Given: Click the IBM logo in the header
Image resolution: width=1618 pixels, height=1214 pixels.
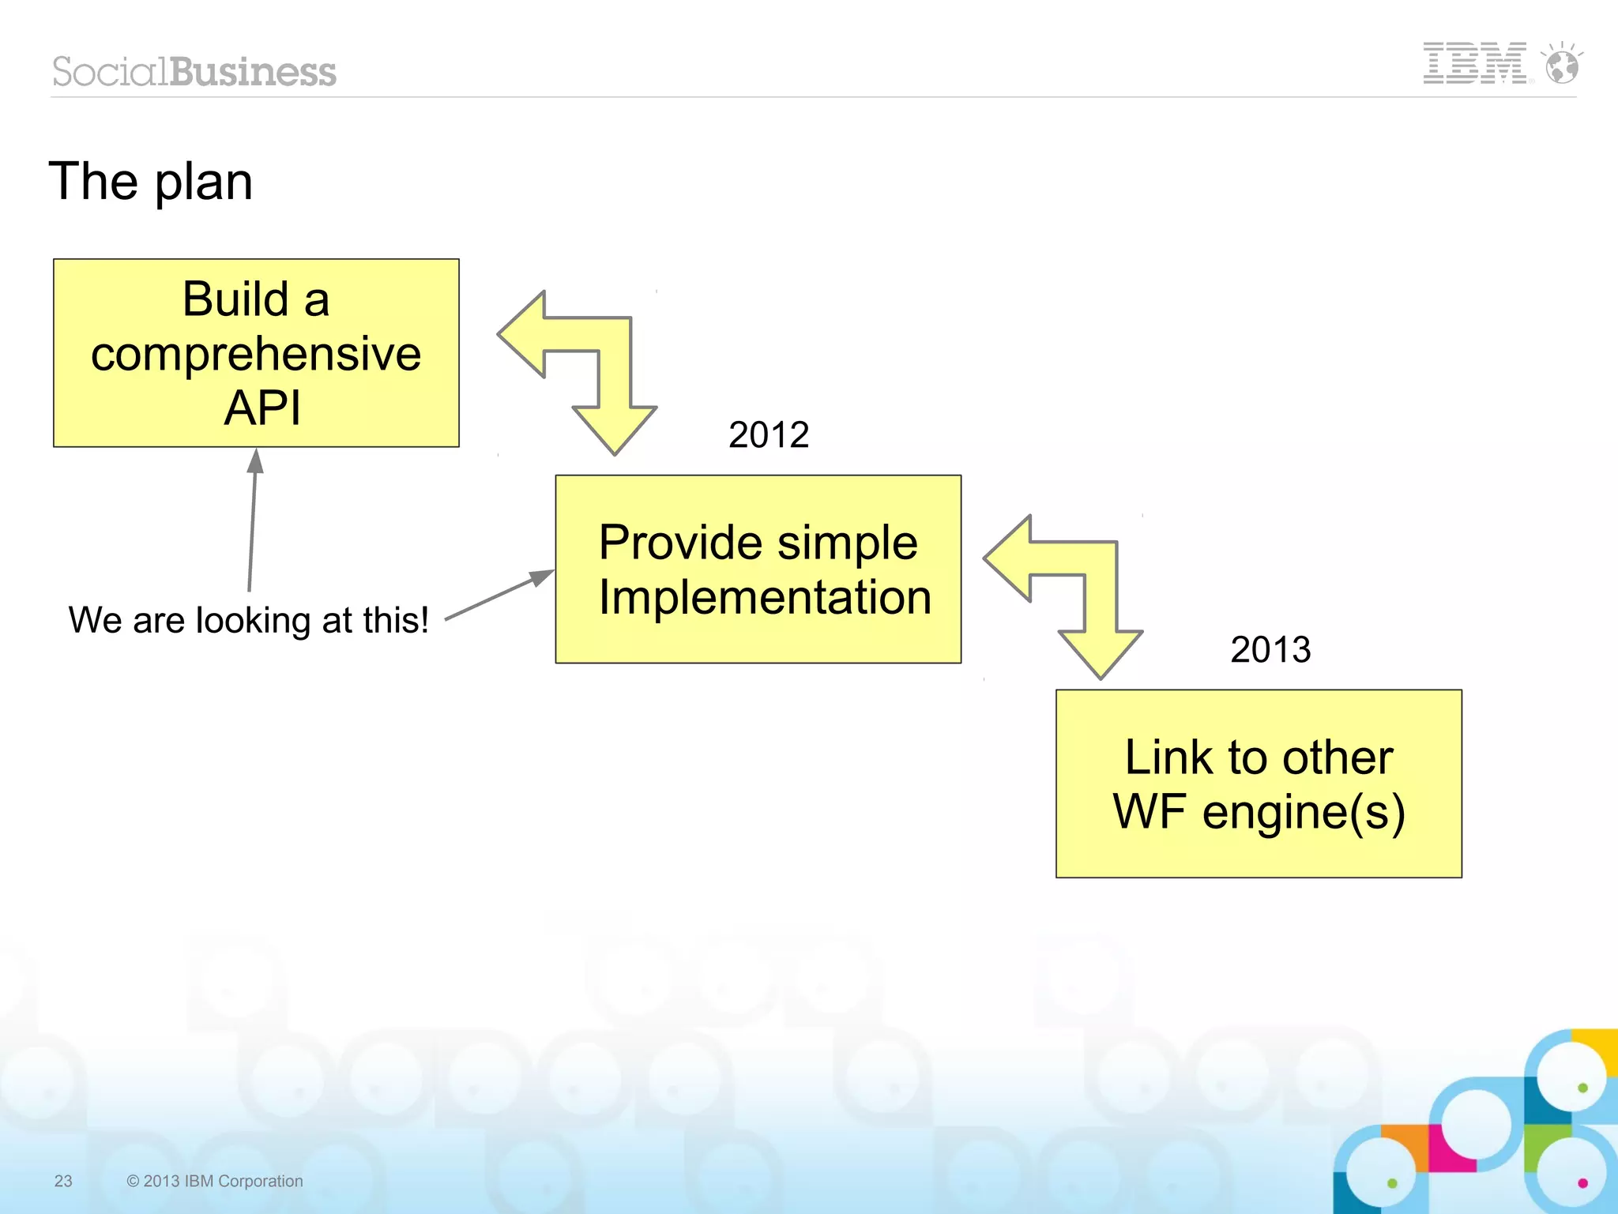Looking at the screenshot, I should (x=1473, y=63).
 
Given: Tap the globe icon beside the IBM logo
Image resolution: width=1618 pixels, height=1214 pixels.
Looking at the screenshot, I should (x=1562, y=65).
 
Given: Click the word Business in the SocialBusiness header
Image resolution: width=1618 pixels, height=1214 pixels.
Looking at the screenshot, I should (x=253, y=72).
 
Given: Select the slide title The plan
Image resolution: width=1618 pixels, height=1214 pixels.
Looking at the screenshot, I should (x=151, y=182).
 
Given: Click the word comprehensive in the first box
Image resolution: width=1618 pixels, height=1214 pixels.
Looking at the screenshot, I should (x=256, y=354).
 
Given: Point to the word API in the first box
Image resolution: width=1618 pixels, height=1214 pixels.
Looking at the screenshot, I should (x=262, y=408).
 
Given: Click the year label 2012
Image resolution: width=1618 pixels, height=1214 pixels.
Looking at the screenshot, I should (x=768, y=434).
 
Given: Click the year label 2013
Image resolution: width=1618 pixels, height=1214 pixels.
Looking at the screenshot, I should (x=1270, y=650).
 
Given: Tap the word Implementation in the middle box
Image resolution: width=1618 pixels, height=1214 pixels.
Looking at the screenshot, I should (x=765, y=596).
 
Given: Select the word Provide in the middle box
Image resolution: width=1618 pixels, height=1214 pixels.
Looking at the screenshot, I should (x=669, y=543).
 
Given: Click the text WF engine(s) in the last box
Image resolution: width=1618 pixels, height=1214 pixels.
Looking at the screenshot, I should (x=1259, y=812).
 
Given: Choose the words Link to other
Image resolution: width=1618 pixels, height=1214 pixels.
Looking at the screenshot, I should (x=1259, y=757).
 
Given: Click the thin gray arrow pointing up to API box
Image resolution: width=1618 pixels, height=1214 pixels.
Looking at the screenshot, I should (x=252, y=521).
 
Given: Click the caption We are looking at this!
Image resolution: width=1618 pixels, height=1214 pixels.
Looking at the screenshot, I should (x=249, y=620).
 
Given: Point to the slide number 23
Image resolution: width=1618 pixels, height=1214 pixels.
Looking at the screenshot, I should (x=63, y=1181).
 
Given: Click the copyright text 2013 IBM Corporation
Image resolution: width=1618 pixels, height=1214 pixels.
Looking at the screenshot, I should (x=215, y=1181).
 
